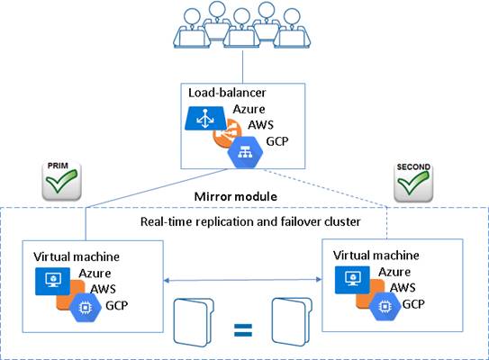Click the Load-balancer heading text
pyautogui.click(x=227, y=93)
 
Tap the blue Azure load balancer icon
pyautogui.click(x=206, y=119)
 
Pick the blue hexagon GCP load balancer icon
pyautogui.click(x=245, y=153)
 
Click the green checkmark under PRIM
pyautogui.click(x=61, y=181)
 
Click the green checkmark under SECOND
pyautogui.click(x=413, y=183)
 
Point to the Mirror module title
pyautogui.click(x=236, y=197)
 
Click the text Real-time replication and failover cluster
pyautogui.click(x=250, y=221)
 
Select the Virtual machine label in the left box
pyautogui.click(x=77, y=256)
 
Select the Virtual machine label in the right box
pyautogui.click(x=376, y=256)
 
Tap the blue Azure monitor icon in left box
pyautogui.click(x=53, y=281)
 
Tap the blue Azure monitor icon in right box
pyautogui.click(x=352, y=280)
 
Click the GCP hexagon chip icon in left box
pyautogui.click(x=86, y=308)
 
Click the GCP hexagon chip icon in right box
pyautogui.click(x=385, y=307)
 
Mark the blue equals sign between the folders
pyautogui.click(x=243, y=329)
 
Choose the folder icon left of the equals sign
pyautogui.click(x=194, y=322)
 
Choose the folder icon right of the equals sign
pyautogui.click(x=292, y=321)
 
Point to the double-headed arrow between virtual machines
pyautogui.click(x=242, y=280)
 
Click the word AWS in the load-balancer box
pyautogui.click(x=261, y=125)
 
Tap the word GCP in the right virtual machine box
pyautogui.click(x=413, y=304)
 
